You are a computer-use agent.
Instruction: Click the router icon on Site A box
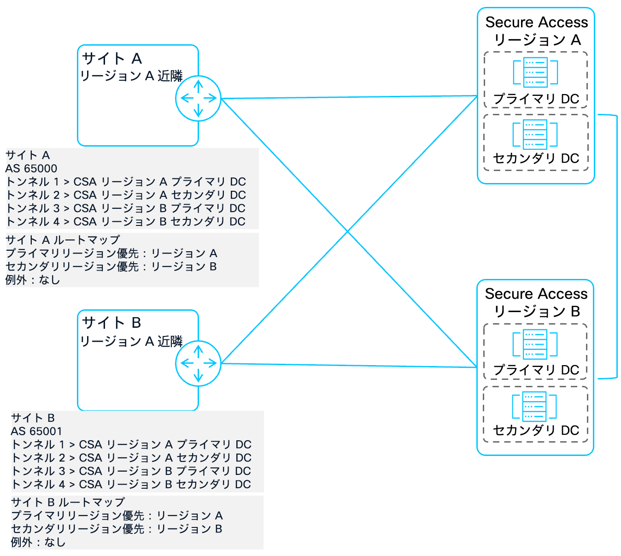(198, 98)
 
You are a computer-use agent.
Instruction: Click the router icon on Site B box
(198, 363)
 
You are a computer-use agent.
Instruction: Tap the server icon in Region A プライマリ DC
(535, 72)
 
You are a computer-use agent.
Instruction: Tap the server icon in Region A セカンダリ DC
(535, 134)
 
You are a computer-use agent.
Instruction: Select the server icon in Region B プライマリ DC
(535, 344)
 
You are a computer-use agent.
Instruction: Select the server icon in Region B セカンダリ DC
(534, 406)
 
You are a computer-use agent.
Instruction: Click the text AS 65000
(31, 168)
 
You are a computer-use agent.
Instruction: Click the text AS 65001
(36, 431)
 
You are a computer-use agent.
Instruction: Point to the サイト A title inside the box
(112, 59)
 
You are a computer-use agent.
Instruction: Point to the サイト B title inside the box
(111, 323)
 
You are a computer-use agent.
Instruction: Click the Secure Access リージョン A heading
(536, 30)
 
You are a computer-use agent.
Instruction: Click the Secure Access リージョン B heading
(536, 302)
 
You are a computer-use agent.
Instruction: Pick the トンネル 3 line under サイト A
(125, 208)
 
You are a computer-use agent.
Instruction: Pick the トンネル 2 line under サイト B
(131, 458)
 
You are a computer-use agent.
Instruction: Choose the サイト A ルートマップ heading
(63, 240)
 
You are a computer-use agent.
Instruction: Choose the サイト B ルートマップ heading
(68, 502)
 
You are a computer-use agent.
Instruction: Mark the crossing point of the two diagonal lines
(348, 231)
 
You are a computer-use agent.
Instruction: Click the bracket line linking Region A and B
(616, 247)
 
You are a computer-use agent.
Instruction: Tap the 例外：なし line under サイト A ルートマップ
(33, 280)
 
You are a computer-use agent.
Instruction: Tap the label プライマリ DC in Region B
(536, 370)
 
